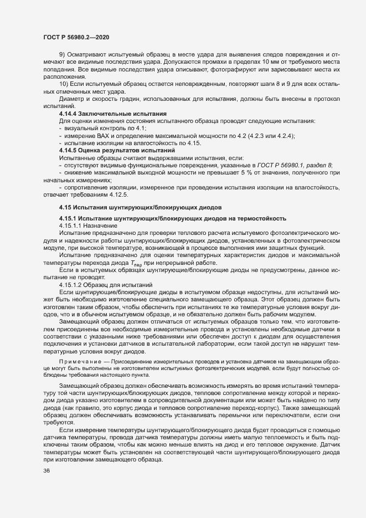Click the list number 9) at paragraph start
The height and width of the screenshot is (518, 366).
(63, 54)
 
